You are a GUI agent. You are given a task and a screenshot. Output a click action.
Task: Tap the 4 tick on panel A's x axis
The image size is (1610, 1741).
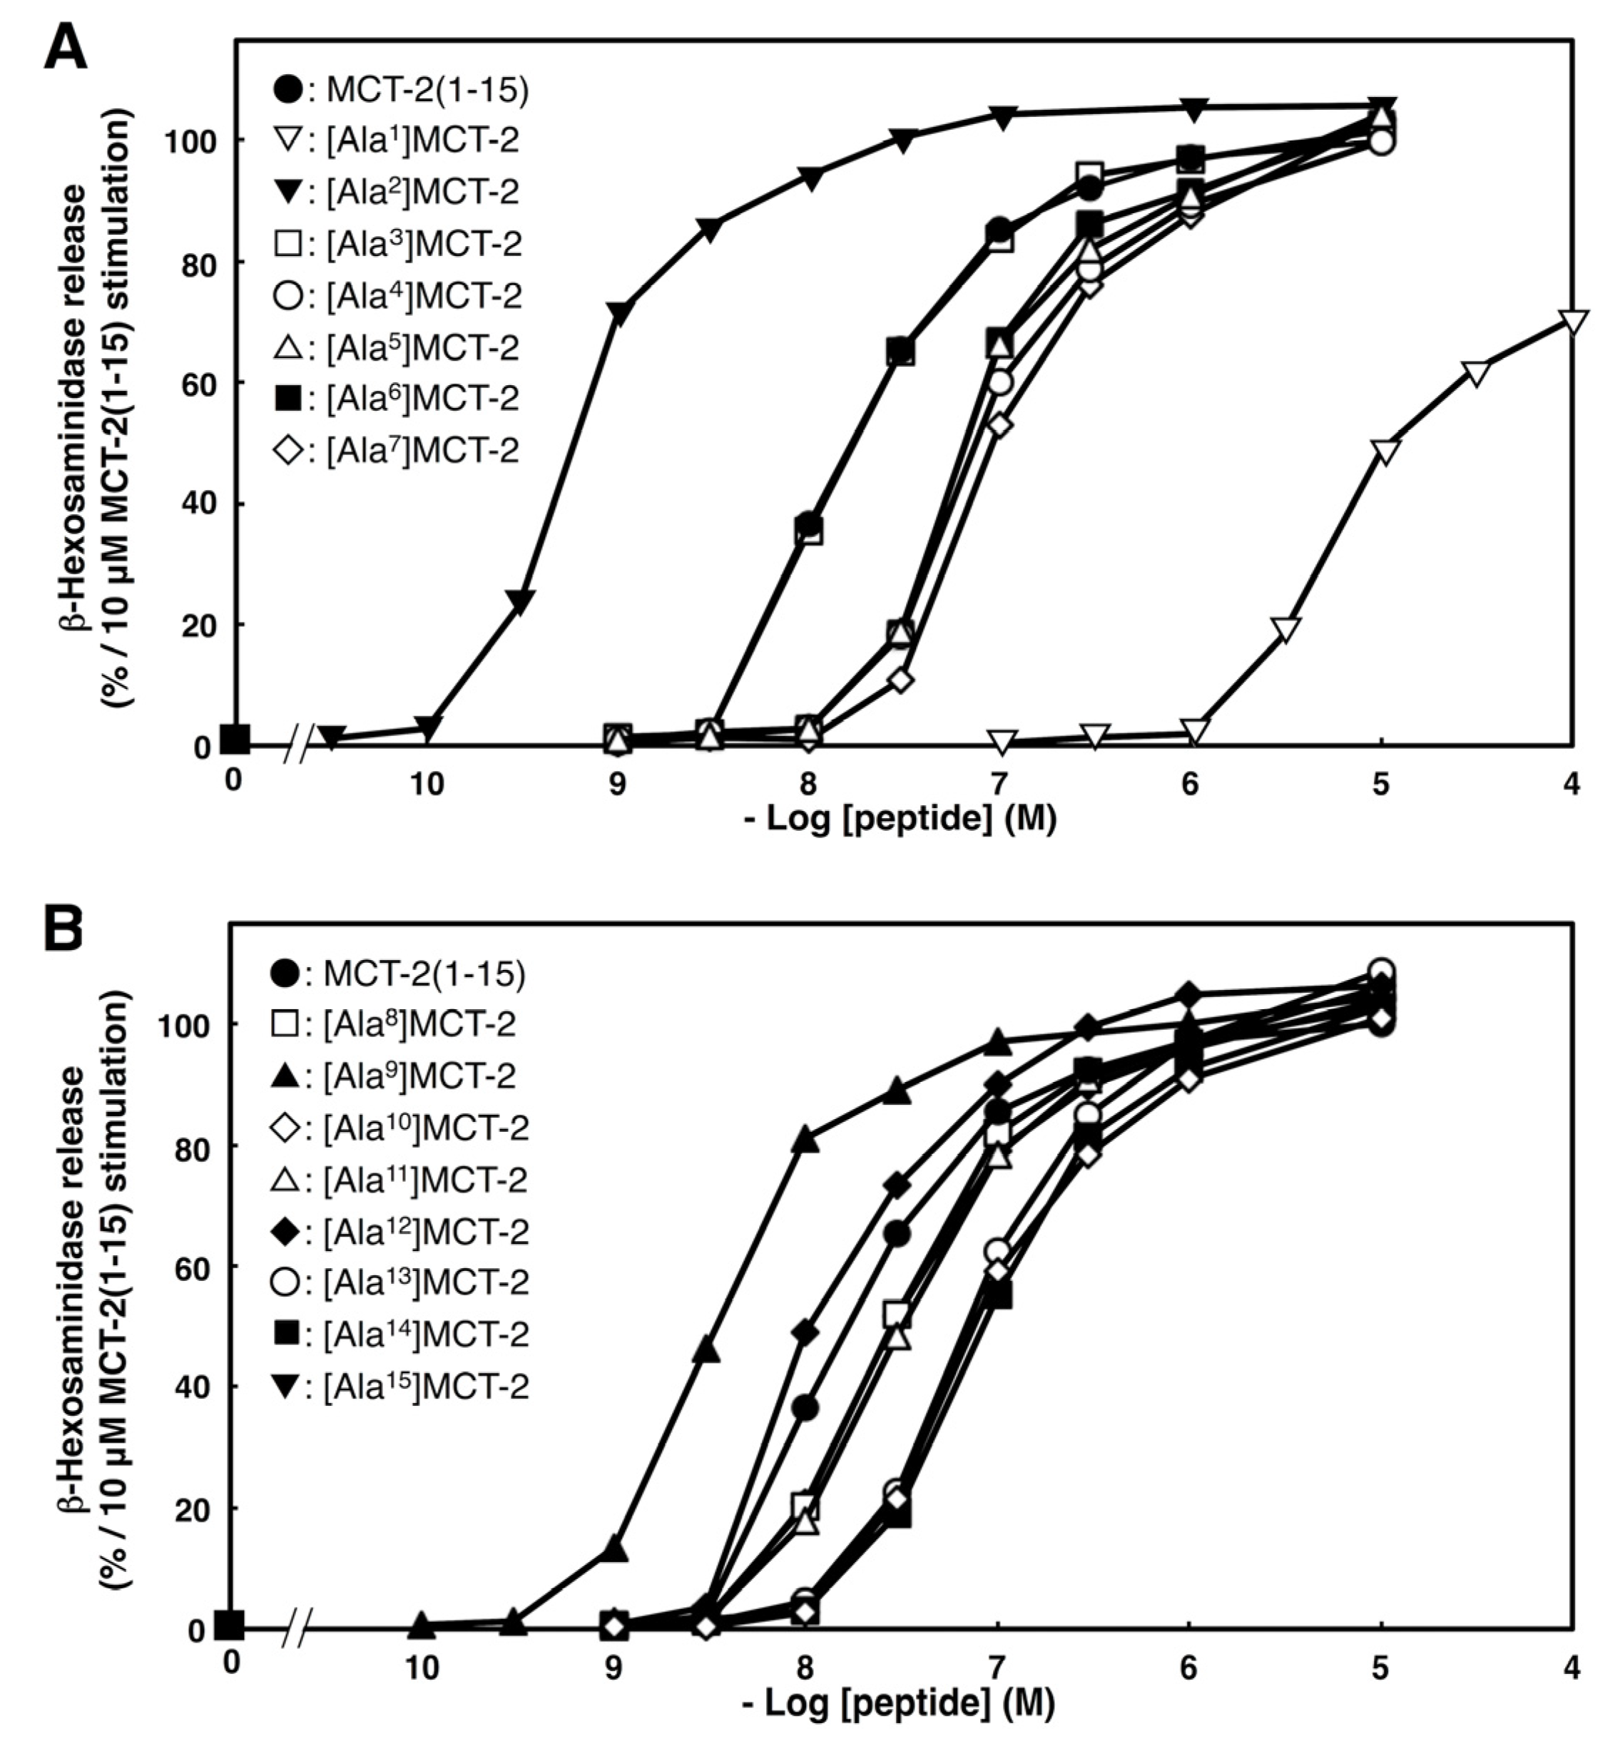(1571, 785)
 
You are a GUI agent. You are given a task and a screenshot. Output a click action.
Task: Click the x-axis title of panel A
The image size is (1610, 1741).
(901, 820)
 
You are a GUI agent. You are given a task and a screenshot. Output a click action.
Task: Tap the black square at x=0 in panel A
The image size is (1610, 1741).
(235, 741)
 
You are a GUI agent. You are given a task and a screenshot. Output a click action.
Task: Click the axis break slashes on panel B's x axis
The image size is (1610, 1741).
(298, 1628)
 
